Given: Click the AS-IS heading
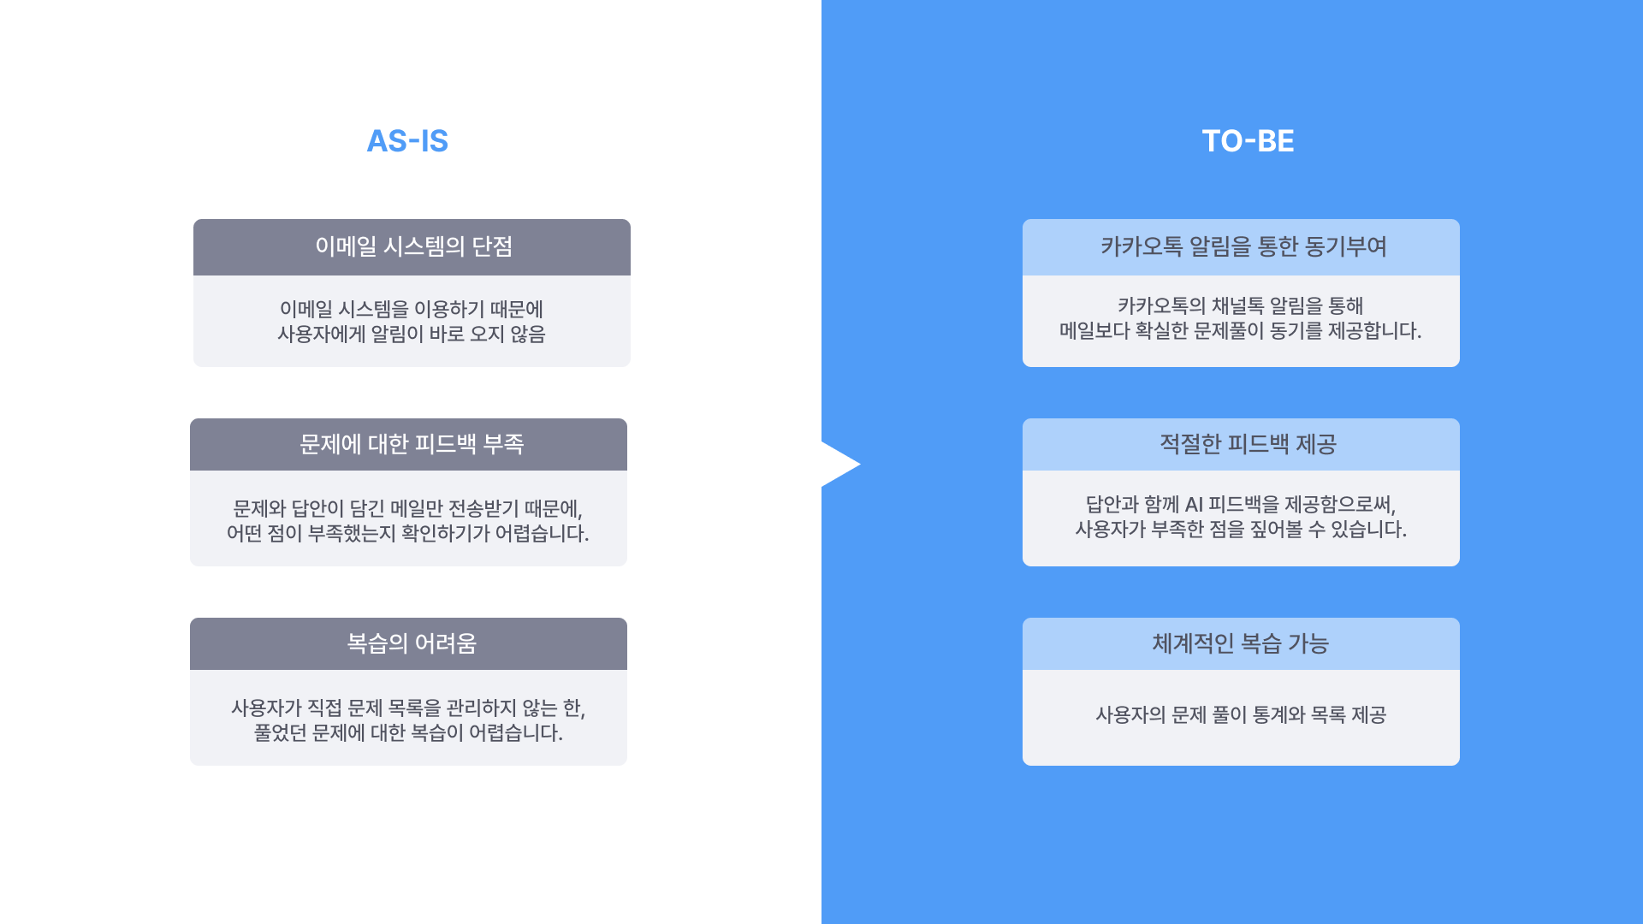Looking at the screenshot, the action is click(407, 141).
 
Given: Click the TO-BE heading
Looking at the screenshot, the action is click(1248, 141).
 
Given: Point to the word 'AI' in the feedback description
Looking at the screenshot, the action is click(1194, 505).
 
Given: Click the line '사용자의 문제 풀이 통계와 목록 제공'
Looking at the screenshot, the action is click(1241, 714).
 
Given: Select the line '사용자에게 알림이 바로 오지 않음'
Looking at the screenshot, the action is click(412, 334).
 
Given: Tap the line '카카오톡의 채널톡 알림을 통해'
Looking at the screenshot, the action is click(1241, 305).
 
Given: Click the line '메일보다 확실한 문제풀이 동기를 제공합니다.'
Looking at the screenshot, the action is click(1241, 330).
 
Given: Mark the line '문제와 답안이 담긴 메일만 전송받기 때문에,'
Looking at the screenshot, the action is click(408, 508).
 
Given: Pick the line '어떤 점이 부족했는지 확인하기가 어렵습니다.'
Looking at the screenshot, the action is click(408, 533).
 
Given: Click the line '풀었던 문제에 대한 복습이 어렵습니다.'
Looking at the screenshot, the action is click(408, 732).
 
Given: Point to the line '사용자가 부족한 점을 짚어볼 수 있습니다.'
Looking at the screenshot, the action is click(1241, 529).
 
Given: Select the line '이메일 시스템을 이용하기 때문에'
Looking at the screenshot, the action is click(412, 309).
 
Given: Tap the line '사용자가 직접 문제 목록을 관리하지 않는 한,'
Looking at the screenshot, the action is click(408, 708).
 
